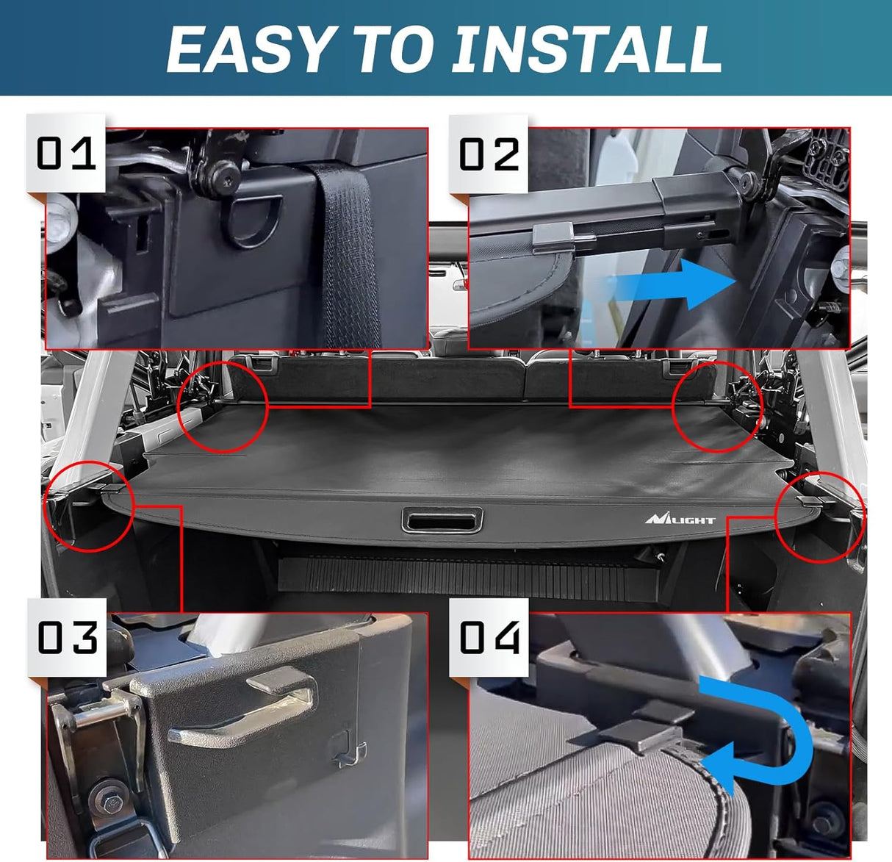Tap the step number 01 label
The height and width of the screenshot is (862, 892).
[x=66, y=154]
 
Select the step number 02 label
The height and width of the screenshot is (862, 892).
[x=489, y=154]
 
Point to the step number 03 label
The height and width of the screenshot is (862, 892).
[x=67, y=637]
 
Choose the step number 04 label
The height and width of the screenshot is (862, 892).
[x=489, y=637]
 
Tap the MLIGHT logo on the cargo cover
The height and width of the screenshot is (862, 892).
[x=680, y=519]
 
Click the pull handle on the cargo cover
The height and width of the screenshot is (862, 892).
[x=442, y=520]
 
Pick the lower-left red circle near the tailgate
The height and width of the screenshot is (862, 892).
[x=89, y=506]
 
